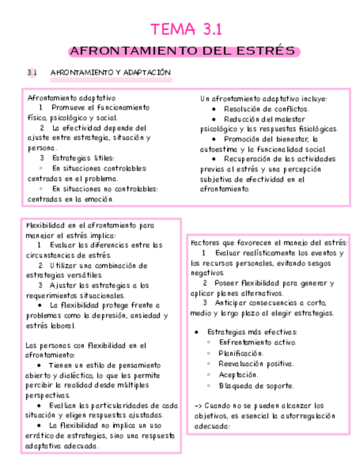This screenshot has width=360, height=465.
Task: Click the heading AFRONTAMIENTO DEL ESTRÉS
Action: [184, 52]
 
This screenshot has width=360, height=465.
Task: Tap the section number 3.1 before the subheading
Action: [32, 72]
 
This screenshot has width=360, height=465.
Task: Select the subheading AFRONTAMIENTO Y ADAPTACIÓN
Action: [110, 72]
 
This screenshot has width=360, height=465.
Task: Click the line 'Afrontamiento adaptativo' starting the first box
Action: [71, 98]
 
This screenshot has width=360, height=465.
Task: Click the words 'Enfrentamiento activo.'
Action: [257, 342]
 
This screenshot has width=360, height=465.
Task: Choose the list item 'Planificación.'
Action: [241, 353]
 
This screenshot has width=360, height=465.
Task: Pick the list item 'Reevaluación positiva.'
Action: [256, 364]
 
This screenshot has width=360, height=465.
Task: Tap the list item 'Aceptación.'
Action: [238, 375]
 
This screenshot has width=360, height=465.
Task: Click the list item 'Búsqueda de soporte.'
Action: [256, 385]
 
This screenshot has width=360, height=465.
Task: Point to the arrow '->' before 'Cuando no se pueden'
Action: [198, 406]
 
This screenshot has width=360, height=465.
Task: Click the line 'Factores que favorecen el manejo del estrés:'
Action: [269, 243]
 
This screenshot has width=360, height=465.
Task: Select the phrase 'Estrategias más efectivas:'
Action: [252, 332]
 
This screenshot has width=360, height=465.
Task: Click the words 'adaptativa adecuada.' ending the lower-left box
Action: [62, 446]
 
